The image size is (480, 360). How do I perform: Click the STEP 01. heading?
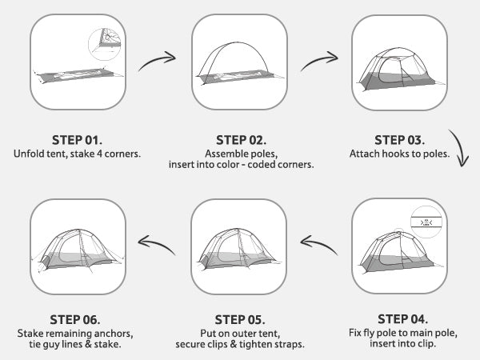pos(77,140)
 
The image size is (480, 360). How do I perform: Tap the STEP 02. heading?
pos(242,140)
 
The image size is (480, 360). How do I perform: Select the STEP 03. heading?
pos(400,140)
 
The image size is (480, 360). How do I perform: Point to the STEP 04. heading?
pos(403,319)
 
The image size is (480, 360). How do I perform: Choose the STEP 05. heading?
pos(240,319)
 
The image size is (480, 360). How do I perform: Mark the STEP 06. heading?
pos(75,319)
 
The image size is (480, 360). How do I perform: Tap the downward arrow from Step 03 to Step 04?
pos(459,146)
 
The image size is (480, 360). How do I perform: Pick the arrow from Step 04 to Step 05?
pos(318,242)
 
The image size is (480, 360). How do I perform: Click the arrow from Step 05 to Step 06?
pos(156,242)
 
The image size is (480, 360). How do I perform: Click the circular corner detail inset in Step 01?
pos(105,44)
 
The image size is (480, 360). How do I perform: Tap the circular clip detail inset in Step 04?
pos(427,222)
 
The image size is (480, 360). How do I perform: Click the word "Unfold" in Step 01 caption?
pos(28,154)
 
